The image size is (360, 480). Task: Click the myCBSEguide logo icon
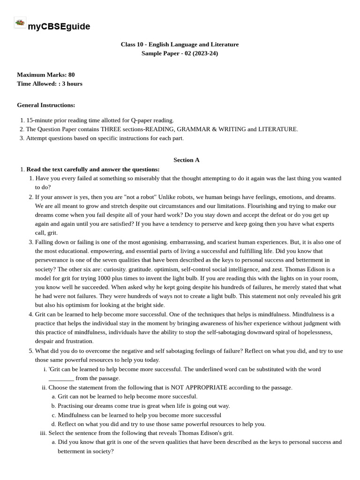(20, 22)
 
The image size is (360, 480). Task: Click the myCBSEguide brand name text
(59, 27)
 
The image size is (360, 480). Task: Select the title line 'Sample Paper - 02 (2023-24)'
(180, 53)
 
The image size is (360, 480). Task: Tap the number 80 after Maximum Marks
(71, 75)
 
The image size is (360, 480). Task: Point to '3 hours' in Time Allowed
(72, 84)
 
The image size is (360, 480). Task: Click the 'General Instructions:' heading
(46, 105)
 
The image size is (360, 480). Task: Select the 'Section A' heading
(186, 160)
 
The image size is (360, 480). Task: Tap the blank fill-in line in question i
(61, 378)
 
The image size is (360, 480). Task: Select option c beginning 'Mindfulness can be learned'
(139, 415)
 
